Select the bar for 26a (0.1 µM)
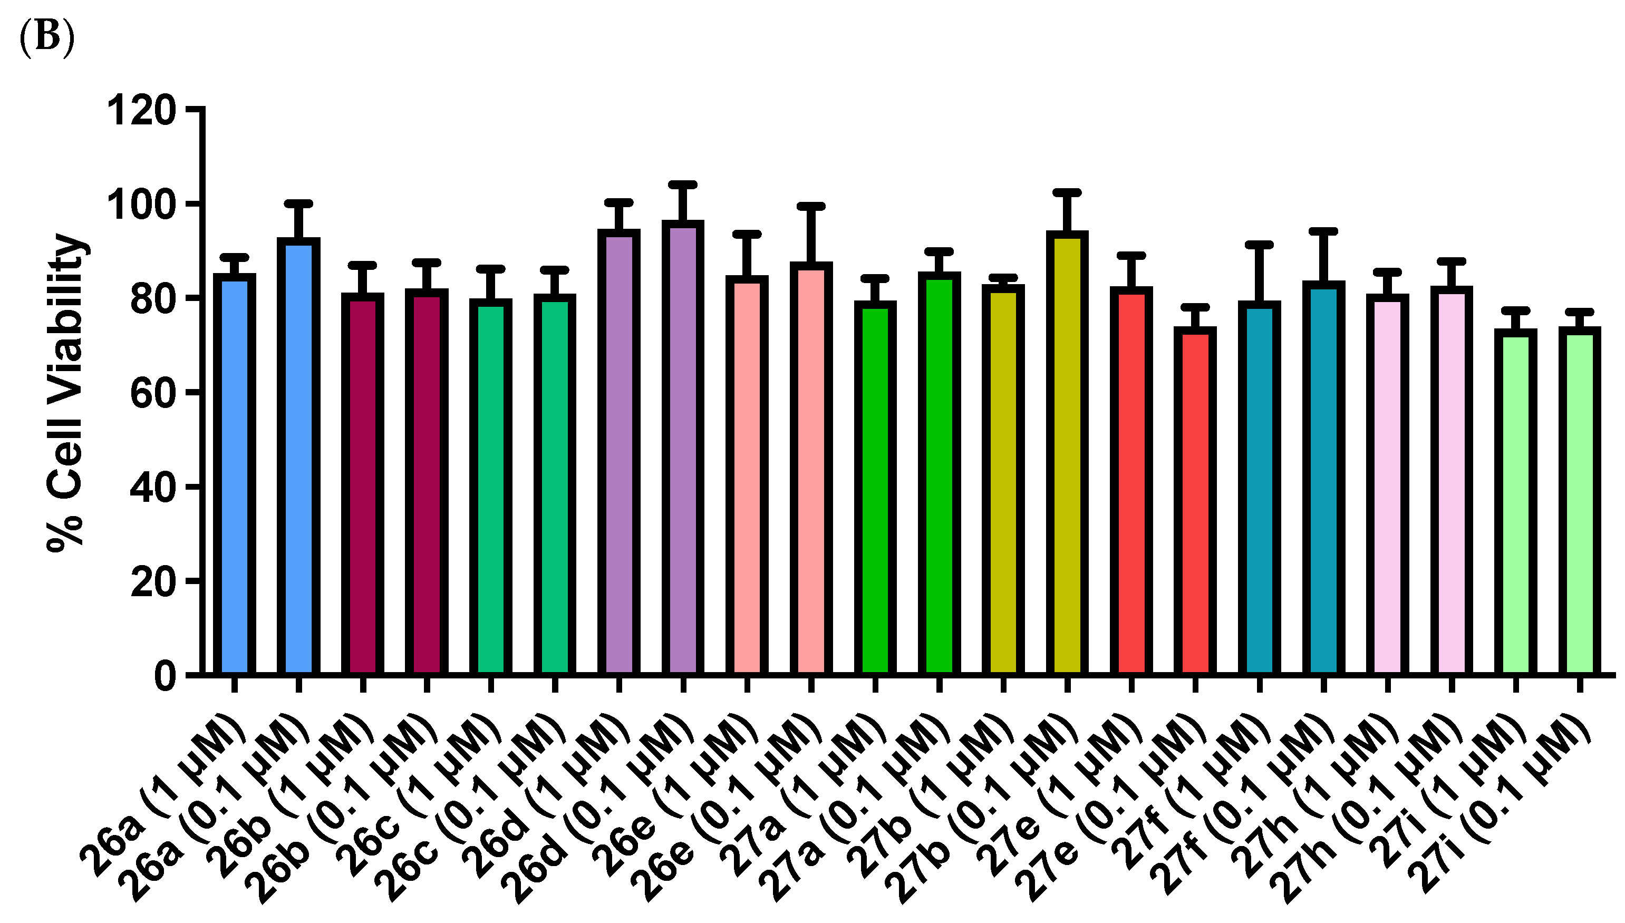(298, 456)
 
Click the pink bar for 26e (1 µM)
(747, 475)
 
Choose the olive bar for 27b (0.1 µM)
(1067, 453)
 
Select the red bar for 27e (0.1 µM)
(1195, 501)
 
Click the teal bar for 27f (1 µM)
(1259, 488)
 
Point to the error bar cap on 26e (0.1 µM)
(811, 207)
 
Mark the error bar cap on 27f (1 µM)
(1259, 244)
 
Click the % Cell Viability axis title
(66, 393)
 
